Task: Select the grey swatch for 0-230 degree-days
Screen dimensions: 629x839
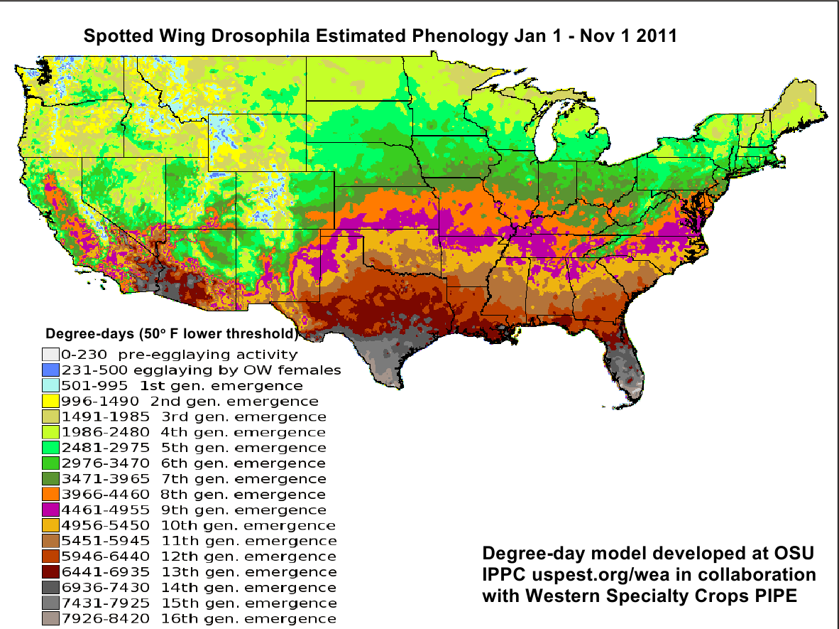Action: click(x=50, y=354)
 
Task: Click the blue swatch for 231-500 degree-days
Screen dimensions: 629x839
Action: click(x=50, y=370)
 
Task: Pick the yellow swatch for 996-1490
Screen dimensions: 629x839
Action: click(x=50, y=401)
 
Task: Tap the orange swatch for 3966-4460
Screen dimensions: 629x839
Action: click(x=50, y=495)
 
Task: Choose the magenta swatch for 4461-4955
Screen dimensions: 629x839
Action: click(x=50, y=510)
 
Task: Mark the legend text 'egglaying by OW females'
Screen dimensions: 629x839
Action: click(x=251, y=370)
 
